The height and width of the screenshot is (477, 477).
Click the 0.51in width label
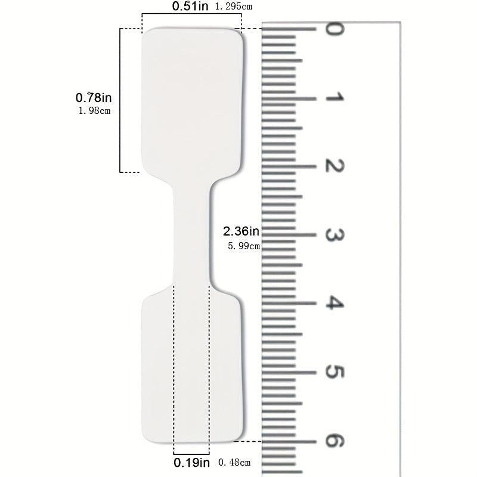(190, 6)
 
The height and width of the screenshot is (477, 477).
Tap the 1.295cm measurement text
(234, 7)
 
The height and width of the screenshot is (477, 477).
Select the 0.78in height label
(94, 98)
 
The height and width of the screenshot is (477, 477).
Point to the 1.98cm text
(94, 111)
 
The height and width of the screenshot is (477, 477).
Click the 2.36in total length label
(241, 231)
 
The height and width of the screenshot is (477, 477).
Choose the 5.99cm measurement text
(244, 246)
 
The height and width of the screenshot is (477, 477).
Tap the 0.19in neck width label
(191, 463)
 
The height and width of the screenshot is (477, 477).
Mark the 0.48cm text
(234, 463)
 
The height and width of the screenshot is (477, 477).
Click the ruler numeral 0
(334, 29)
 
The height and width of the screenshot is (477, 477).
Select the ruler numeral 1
(334, 98)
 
